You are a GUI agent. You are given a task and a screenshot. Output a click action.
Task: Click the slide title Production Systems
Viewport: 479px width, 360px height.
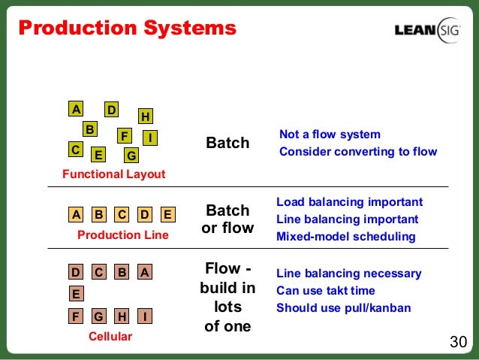[x=127, y=29]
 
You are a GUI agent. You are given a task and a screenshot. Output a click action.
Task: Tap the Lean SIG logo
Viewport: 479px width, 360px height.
[x=426, y=30]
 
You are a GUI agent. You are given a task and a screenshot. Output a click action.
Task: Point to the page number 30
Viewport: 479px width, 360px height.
[x=458, y=343]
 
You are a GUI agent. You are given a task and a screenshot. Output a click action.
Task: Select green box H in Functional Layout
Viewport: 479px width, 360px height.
[x=145, y=116]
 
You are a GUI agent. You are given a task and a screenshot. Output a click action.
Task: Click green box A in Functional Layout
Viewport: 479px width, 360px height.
[x=75, y=109]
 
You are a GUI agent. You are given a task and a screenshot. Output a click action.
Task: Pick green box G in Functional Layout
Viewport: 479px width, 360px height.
[x=131, y=156]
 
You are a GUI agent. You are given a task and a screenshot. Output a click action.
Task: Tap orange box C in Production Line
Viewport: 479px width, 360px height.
[x=122, y=214]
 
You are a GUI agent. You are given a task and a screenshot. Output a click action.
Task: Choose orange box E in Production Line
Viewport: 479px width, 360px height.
[x=167, y=214]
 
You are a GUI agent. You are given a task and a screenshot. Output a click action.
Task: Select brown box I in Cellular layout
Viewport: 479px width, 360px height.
[x=145, y=316]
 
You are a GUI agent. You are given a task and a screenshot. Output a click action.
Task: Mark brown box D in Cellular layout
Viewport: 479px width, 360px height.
[x=76, y=271]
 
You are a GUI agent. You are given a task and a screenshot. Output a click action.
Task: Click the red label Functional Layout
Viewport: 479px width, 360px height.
[x=113, y=174]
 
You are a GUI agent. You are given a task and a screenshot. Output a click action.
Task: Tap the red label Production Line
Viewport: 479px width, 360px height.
[x=123, y=235]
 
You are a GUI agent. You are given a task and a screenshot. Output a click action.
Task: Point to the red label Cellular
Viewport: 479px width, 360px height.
[x=110, y=337]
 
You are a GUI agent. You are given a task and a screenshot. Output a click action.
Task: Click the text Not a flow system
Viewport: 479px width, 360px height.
[x=330, y=135]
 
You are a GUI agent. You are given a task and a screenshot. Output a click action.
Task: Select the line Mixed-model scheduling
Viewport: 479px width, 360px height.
[x=345, y=236]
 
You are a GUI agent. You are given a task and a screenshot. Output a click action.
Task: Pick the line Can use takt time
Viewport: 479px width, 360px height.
[x=325, y=290]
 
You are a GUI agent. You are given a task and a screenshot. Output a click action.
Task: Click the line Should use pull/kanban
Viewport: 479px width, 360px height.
[x=343, y=307]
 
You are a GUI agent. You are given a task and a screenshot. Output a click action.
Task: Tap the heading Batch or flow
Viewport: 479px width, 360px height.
[x=227, y=219]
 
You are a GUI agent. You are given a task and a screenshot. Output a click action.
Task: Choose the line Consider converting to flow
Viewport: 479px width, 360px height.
[x=357, y=152]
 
